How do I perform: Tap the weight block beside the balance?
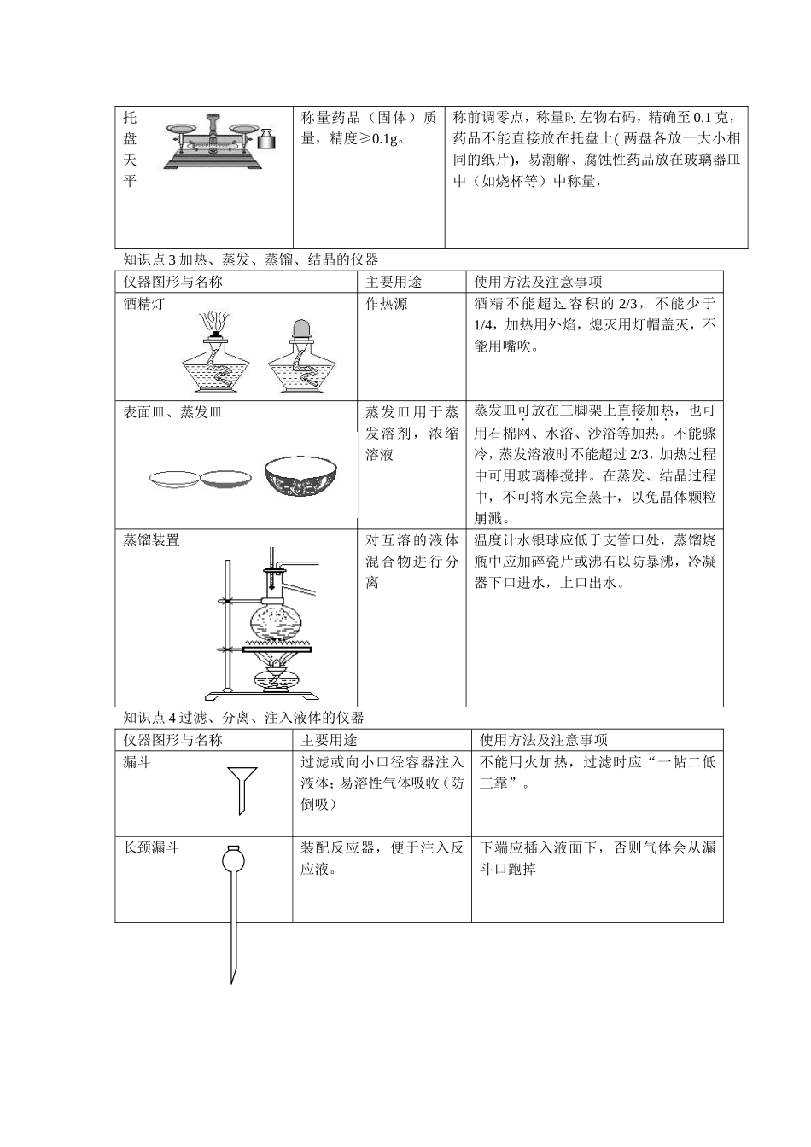click(x=267, y=140)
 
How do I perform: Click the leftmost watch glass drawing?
click(x=175, y=478)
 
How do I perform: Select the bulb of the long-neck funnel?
click(x=231, y=859)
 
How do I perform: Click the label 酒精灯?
click(x=143, y=304)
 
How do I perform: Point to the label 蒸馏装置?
click(x=151, y=540)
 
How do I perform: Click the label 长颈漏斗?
click(x=151, y=847)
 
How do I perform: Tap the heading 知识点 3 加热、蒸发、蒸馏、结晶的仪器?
click(x=250, y=259)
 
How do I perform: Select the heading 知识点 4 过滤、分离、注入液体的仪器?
click(x=243, y=718)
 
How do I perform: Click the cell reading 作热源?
click(x=387, y=304)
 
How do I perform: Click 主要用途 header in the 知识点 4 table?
click(x=329, y=740)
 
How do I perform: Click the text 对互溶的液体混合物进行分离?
click(x=411, y=562)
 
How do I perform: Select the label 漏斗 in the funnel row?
click(x=137, y=762)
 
